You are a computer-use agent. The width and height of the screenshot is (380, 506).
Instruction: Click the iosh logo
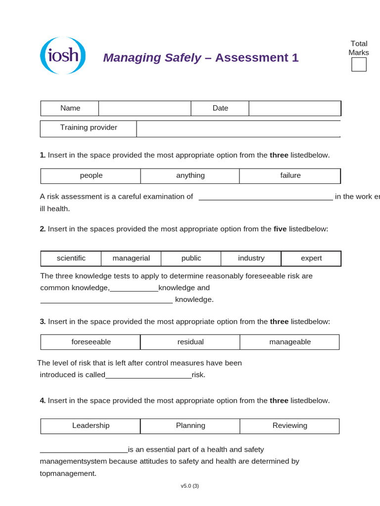(63, 55)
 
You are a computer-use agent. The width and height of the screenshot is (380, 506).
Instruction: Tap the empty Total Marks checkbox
(359, 65)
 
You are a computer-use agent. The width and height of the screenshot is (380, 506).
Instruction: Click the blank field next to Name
(144, 108)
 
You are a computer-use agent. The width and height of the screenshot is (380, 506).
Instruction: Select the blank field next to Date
(294, 108)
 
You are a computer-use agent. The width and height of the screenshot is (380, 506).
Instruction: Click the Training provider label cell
(89, 128)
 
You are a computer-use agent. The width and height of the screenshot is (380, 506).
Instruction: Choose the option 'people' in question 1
(91, 175)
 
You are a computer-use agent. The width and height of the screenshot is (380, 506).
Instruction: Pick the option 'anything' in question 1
(190, 175)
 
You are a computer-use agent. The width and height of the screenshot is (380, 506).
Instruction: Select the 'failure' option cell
(290, 175)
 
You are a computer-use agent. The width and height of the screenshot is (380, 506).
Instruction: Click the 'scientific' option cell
(71, 258)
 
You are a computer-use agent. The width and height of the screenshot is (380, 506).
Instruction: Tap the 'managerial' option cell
(131, 258)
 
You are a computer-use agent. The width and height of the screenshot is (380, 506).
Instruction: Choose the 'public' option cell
(191, 258)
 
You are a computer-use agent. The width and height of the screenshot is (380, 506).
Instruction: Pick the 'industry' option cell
(251, 258)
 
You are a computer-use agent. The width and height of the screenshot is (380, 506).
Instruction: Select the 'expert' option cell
(311, 258)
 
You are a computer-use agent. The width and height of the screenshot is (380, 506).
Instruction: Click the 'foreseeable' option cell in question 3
(91, 342)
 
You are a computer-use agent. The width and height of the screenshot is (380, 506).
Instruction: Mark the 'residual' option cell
(190, 342)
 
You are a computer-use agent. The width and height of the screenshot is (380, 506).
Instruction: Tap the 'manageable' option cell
(290, 342)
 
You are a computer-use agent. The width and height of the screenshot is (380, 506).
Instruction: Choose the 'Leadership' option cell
(91, 426)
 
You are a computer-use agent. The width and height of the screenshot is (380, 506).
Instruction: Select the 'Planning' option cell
(190, 426)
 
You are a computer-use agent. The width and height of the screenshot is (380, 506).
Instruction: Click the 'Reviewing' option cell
(290, 426)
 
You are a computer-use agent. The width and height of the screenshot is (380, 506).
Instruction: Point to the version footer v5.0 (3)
(190, 486)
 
